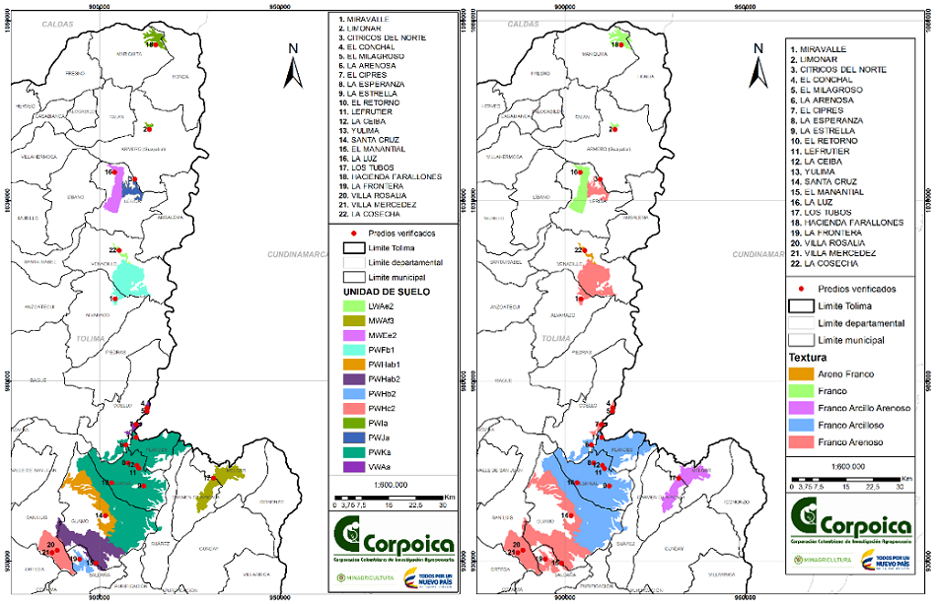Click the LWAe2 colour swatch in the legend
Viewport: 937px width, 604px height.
click(352, 308)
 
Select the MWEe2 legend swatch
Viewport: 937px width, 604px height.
click(352, 336)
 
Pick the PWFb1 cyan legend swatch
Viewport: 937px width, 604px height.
click(352, 350)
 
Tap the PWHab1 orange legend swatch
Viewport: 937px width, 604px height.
click(352, 364)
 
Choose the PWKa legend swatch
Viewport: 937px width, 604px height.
click(352, 452)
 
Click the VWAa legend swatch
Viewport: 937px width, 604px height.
click(352, 466)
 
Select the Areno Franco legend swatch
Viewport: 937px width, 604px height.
click(800, 374)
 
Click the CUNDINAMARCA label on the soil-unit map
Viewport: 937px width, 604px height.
click(297, 254)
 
